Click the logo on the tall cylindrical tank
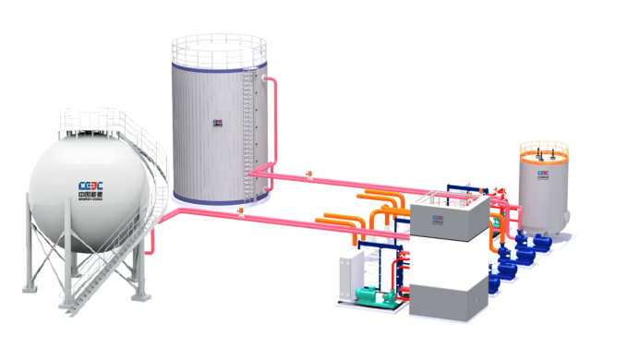pos(218,121)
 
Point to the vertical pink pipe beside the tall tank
pos(274,120)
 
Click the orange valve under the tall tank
pos(240,211)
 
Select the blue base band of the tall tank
pos(220,198)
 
